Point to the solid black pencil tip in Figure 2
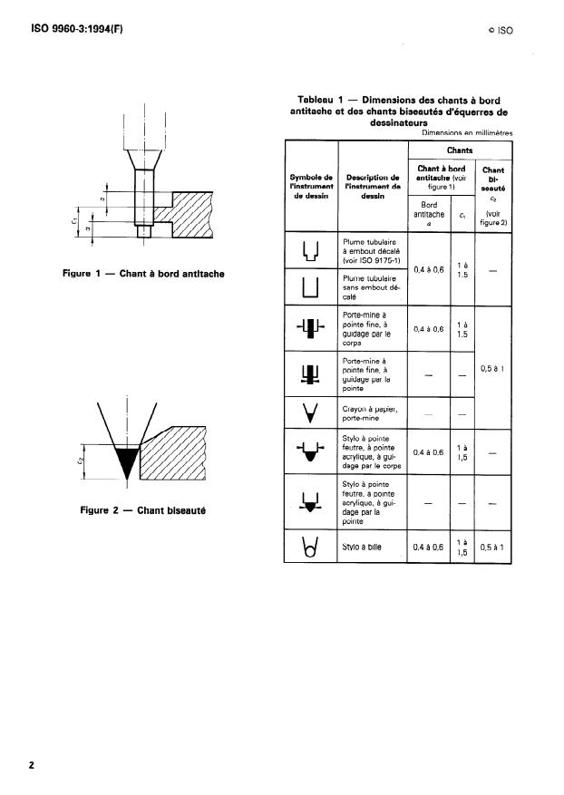coord(126,461)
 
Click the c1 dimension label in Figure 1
coord(77,218)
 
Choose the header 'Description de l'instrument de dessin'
coord(373,185)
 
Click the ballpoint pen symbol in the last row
coord(311,548)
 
